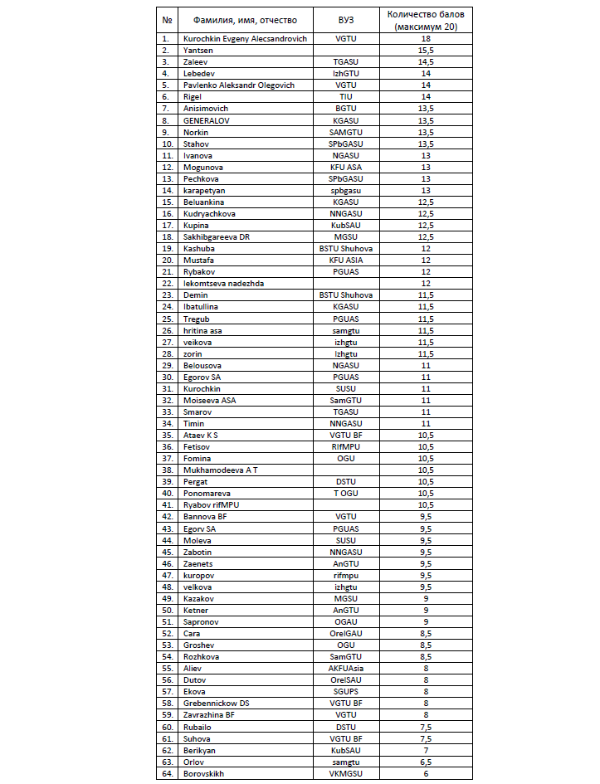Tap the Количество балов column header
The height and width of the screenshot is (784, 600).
tap(426, 20)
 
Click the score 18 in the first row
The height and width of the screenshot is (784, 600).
tap(426, 38)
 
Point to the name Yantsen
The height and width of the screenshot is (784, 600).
tap(198, 50)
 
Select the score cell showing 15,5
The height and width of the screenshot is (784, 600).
tap(426, 50)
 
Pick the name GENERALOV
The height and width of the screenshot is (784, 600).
tap(207, 120)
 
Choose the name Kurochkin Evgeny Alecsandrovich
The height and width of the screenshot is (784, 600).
tap(245, 38)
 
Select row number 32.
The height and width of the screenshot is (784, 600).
tap(167, 400)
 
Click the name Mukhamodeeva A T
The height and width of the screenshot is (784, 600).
tap(220, 470)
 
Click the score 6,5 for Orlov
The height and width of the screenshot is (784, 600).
tap(426, 762)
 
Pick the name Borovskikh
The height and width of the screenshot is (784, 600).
tap(203, 773)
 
